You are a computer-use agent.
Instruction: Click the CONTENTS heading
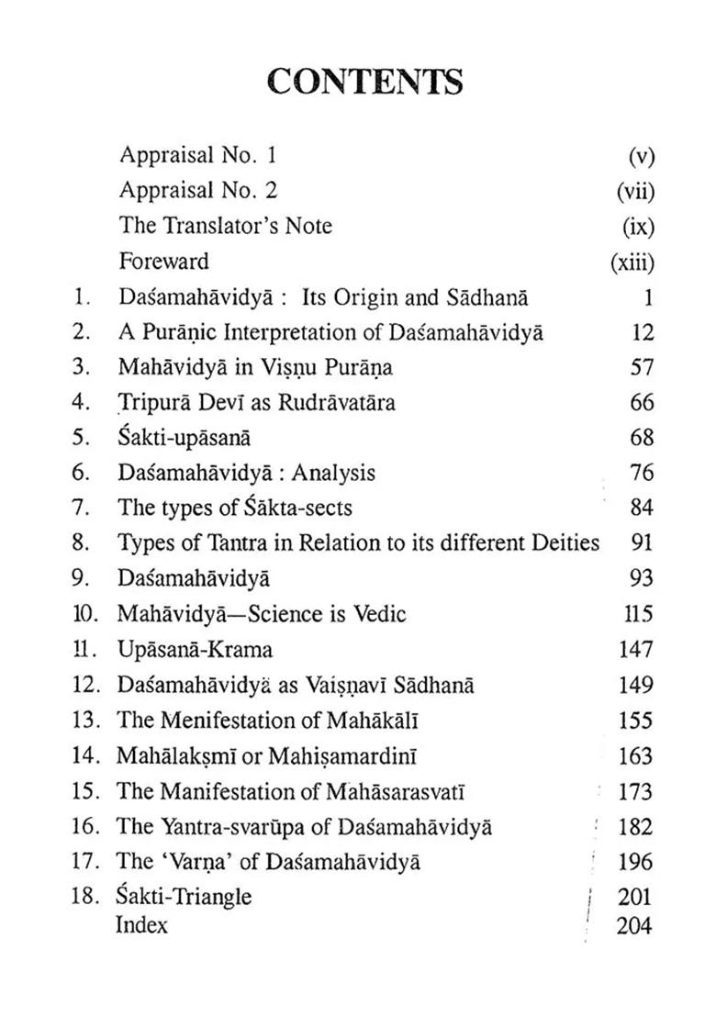[364, 83]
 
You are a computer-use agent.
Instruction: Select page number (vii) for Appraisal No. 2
[634, 191]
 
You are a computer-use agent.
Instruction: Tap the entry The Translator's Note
[226, 226]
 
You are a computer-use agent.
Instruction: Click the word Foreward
[164, 262]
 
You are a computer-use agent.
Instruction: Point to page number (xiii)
[632, 263]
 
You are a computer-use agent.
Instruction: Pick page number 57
[642, 367]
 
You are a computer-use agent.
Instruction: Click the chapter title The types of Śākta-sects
[235, 508]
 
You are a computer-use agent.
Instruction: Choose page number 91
[642, 543]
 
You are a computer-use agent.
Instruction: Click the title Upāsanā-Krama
[196, 650]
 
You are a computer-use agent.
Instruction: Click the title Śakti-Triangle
[185, 897]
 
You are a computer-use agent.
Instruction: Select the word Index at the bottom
[142, 925]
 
